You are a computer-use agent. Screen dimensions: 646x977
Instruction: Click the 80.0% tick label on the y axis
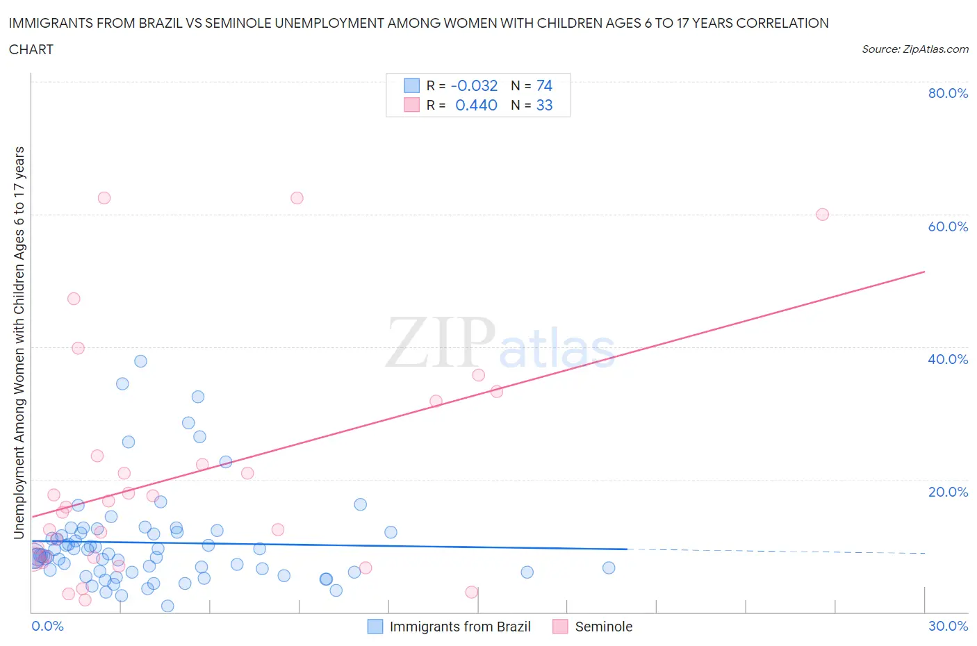[947, 93]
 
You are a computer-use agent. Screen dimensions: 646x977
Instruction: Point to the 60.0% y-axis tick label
[947, 226]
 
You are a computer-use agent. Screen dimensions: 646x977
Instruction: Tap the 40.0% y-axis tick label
[947, 359]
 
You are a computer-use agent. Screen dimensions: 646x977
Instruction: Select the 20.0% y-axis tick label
[947, 492]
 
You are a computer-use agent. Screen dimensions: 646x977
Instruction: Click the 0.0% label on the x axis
[47, 626]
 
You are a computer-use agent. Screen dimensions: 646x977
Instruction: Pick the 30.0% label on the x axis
[948, 626]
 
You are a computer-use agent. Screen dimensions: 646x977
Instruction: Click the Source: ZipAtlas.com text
[914, 49]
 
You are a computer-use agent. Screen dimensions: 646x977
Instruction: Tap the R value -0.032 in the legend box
[474, 85]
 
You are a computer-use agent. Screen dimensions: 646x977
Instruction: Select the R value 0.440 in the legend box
[476, 105]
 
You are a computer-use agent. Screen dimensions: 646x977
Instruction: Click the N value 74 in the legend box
[544, 85]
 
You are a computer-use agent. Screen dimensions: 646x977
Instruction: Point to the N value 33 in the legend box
[544, 105]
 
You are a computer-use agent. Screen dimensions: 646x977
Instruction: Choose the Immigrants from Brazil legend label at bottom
[459, 627]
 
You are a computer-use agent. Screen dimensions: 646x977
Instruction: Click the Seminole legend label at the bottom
[603, 627]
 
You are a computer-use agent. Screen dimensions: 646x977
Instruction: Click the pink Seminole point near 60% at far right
[822, 215]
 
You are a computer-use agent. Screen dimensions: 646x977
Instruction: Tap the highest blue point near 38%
[140, 361]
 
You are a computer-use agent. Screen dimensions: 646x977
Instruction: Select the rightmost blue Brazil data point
[609, 568]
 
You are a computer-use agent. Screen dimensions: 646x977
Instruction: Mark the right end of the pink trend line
[924, 272]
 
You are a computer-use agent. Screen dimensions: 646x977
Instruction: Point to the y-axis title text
[19, 342]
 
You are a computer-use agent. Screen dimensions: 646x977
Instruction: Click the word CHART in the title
[31, 49]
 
